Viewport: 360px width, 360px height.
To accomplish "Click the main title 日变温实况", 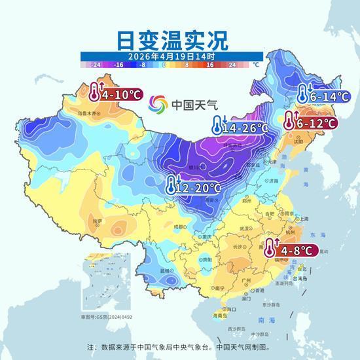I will coord(172,39).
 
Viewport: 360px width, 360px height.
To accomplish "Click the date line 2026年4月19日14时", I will coord(172,56).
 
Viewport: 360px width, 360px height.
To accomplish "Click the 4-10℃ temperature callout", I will coord(117,94).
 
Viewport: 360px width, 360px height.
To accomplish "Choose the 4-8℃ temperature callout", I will coord(292,250).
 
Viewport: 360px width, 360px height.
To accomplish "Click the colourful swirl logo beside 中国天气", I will coord(158,105).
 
